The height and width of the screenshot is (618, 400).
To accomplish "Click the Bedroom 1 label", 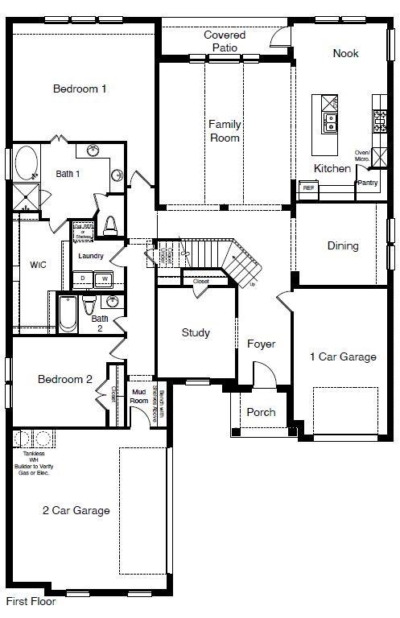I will click(x=80, y=89).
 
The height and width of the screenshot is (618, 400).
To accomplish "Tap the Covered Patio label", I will click(x=225, y=41).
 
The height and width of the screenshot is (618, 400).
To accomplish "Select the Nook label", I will click(x=345, y=53).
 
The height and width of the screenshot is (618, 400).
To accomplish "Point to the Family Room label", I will click(x=225, y=131).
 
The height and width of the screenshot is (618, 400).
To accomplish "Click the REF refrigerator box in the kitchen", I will click(x=307, y=187).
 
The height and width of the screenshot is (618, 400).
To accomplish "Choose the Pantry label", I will click(x=367, y=183).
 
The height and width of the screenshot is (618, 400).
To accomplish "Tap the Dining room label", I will click(x=342, y=245).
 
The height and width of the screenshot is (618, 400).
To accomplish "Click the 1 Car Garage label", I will click(x=343, y=356).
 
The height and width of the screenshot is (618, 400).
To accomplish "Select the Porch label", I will click(x=261, y=412).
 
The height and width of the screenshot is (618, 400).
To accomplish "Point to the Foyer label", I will click(x=261, y=344).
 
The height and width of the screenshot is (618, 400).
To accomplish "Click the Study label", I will click(x=196, y=332).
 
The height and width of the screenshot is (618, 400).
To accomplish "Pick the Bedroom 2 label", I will click(x=65, y=379).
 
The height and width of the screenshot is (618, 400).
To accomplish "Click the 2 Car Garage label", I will click(x=76, y=509).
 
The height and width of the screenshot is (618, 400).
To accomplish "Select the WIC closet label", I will click(x=38, y=264).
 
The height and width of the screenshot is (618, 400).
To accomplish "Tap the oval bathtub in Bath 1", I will click(x=26, y=163).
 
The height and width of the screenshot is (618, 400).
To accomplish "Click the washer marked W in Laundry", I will click(x=104, y=279).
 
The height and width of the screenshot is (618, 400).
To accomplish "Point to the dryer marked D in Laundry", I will click(x=83, y=279).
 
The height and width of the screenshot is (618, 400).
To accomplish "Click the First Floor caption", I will click(x=31, y=601).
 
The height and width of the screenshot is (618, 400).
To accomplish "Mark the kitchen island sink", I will click(x=330, y=122).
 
